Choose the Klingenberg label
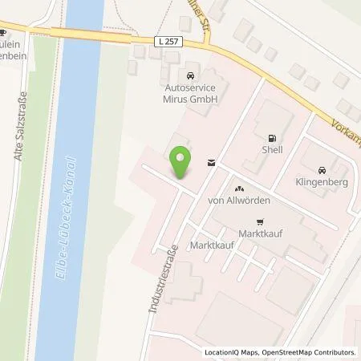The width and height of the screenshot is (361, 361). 321,182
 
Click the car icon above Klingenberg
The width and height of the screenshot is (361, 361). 321,170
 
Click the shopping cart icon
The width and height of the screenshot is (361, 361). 258,221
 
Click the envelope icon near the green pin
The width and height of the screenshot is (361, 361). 210,163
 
